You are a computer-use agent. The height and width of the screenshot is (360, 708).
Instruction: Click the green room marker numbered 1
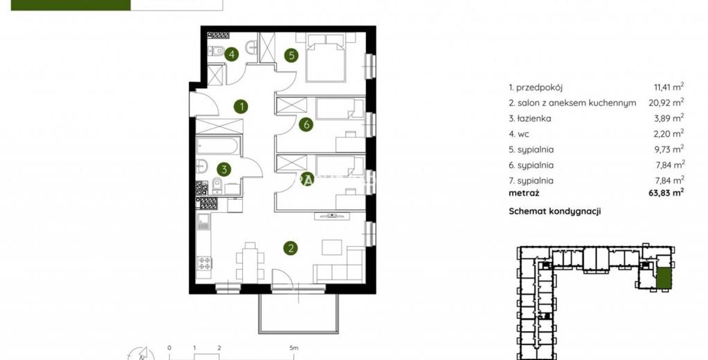pyautogui.click(x=242, y=107)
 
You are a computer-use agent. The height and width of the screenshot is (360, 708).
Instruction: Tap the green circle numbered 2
pyautogui.click(x=291, y=248)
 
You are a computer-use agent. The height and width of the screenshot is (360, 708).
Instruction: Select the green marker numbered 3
pyautogui.click(x=224, y=169)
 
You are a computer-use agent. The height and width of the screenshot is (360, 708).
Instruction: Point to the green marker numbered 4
pyautogui.click(x=231, y=55)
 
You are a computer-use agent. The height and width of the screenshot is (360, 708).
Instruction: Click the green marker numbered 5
pyautogui.click(x=292, y=55)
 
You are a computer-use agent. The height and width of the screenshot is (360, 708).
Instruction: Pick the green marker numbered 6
pyautogui.click(x=307, y=124)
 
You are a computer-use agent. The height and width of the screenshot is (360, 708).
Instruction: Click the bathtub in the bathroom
pyautogui.click(x=217, y=146)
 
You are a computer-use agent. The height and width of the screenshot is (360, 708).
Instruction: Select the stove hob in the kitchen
pyautogui.click(x=205, y=262)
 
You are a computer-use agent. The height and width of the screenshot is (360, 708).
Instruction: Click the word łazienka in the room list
pyautogui.click(x=533, y=118)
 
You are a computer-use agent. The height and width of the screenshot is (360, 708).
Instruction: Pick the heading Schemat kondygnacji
pyautogui.click(x=554, y=211)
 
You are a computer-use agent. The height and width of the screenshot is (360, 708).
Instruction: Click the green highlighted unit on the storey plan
pyautogui.click(x=663, y=278)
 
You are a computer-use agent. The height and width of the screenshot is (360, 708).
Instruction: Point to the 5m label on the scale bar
pyautogui.click(x=293, y=348)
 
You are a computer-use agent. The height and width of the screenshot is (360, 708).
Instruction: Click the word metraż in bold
pyautogui.click(x=524, y=193)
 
